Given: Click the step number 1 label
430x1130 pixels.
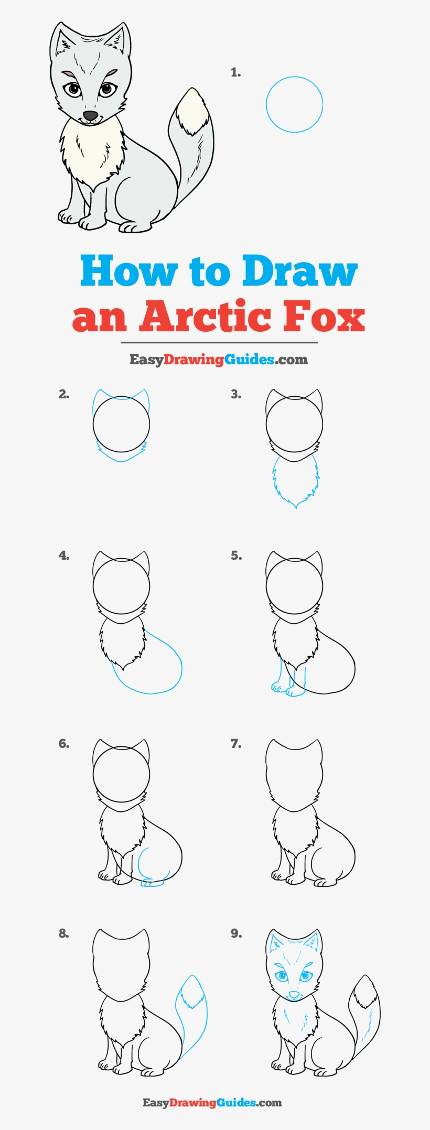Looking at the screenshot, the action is (235, 73).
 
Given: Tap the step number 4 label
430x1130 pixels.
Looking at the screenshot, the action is (64, 556).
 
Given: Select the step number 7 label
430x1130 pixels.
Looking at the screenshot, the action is (236, 744).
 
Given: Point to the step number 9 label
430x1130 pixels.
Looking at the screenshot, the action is (236, 933).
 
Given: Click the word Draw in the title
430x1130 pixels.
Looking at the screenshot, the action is (300, 271).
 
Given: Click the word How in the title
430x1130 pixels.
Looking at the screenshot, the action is (129, 271).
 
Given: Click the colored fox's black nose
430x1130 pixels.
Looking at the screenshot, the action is (91, 115).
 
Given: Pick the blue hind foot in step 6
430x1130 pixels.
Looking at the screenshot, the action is (152, 883).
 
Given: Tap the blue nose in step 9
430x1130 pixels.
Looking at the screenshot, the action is (294, 994).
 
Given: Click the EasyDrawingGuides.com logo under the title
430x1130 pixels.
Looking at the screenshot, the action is (219, 360).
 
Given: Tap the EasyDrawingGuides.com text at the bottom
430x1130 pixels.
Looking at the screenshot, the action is (212, 1103).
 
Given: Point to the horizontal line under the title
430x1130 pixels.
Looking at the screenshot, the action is (219, 342).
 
